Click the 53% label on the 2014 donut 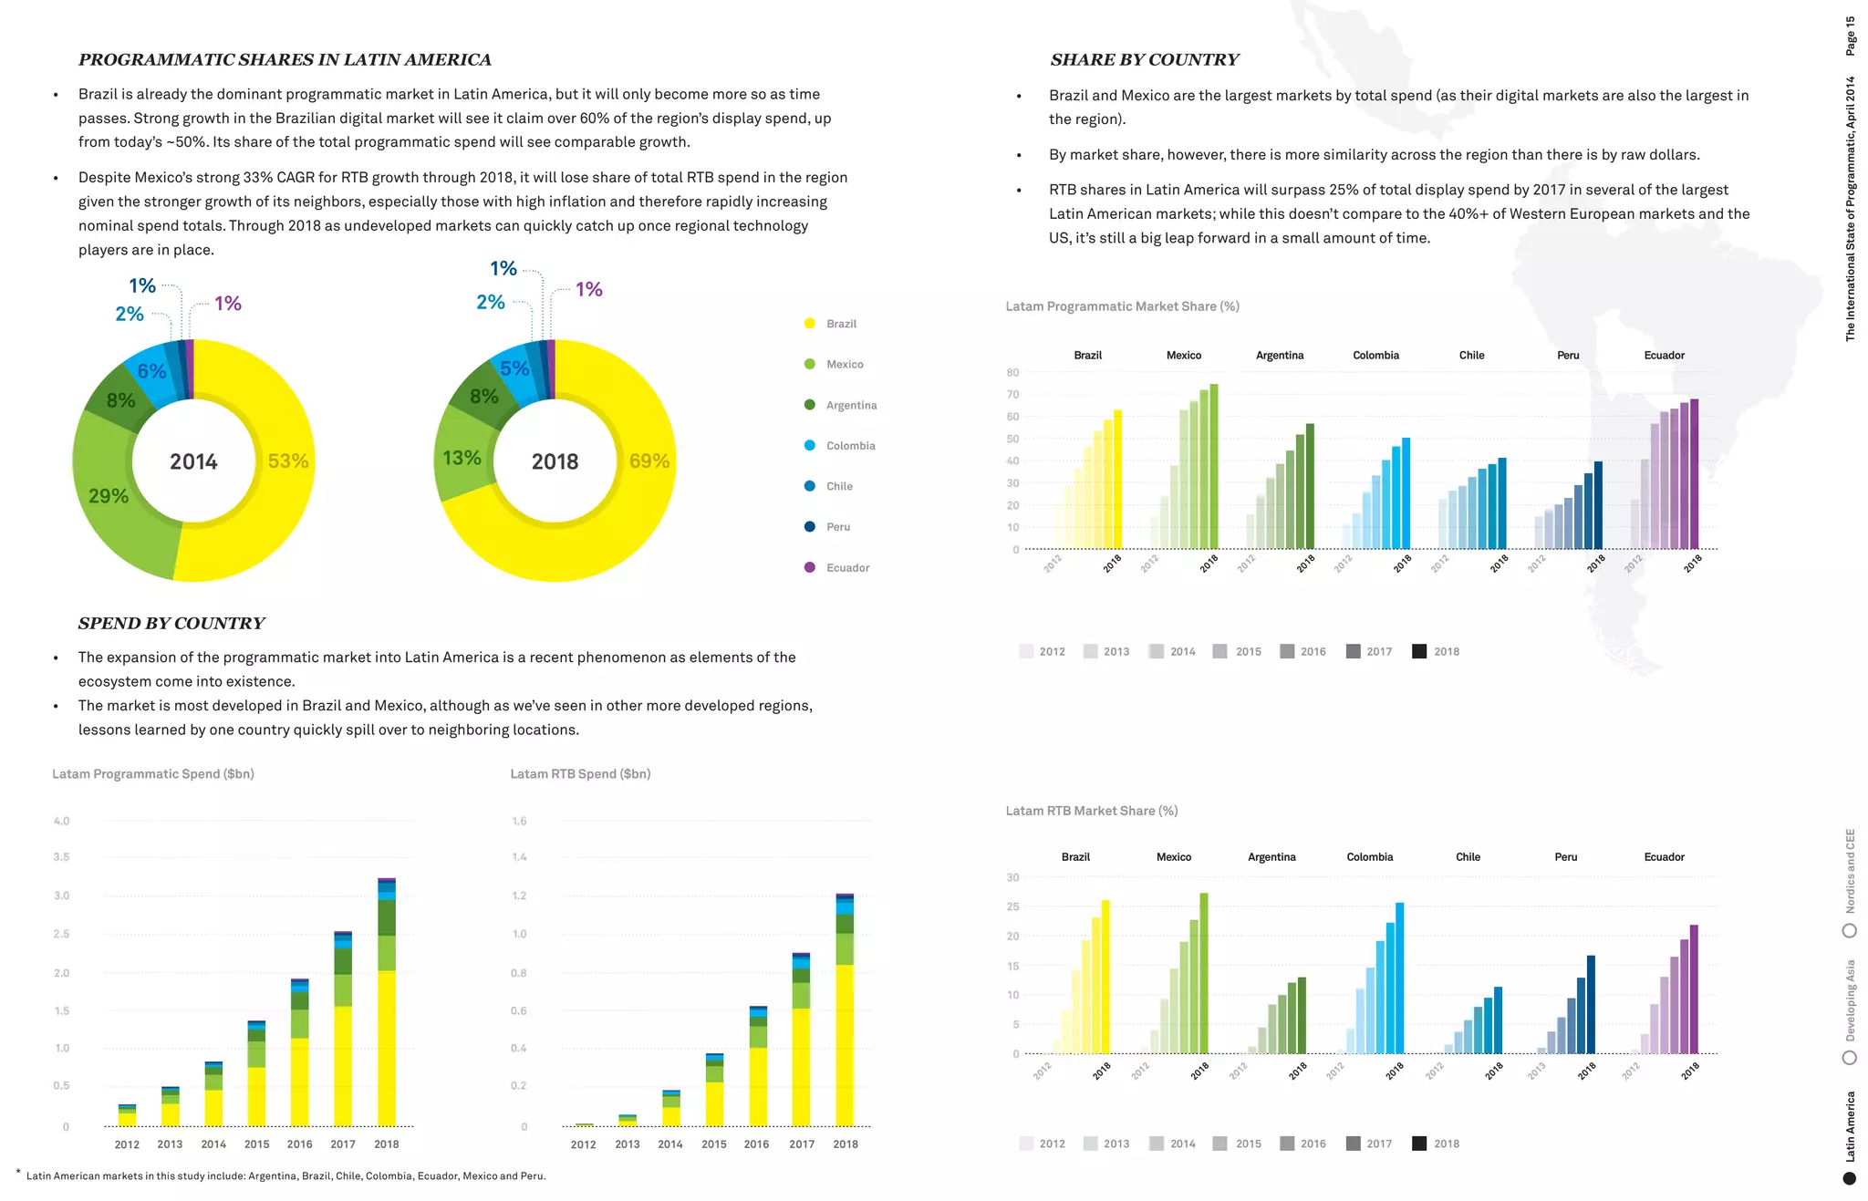[287, 461]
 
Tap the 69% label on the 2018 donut [649, 461]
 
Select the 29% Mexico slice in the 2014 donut [109, 496]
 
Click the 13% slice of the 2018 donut [462, 458]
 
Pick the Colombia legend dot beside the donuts [810, 446]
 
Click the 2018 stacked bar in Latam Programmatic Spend [387, 1003]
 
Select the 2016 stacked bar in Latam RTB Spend [758, 1067]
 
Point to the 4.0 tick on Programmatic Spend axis [61, 821]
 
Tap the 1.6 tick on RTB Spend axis [519, 821]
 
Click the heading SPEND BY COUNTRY [171, 623]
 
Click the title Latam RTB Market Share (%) [1091, 811]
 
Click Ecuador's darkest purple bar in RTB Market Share [1694, 989]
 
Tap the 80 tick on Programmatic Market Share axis [1012, 372]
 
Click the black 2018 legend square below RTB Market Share [1419, 1144]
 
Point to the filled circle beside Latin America [1849, 1178]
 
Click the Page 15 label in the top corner [1850, 36]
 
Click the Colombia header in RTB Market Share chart [1369, 857]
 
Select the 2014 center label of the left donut [193, 461]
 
